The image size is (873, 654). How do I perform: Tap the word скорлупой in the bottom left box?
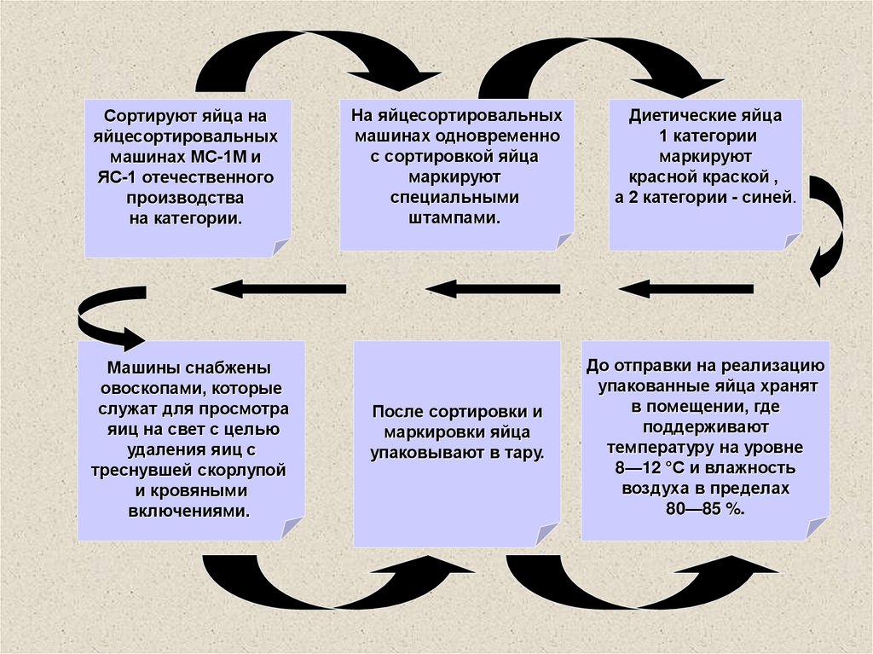point(243,471)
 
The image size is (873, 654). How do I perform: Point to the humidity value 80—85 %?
point(704,509)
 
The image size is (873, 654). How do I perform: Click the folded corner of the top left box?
point(280,247)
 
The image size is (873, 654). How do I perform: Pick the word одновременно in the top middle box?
point(512,136)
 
